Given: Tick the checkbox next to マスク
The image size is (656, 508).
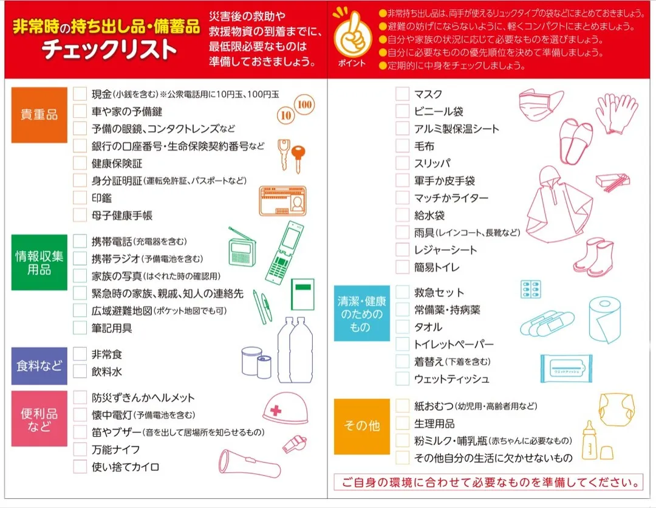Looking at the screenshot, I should (x=402, y=94).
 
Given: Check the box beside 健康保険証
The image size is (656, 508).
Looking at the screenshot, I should (x=80, y=163).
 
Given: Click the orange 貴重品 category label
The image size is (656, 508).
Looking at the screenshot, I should (x=39, y=115).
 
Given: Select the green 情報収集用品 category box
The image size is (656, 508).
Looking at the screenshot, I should (x=39, y=263).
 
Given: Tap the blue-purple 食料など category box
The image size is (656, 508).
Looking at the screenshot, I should (x=39, y=366).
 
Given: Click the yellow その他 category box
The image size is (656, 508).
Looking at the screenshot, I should (x=361, y=426).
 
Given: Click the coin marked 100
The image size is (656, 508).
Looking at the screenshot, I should (x=305, y=105).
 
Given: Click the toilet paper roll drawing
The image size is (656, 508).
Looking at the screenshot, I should (x=605, y=321).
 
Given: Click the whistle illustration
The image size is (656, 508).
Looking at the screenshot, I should (x=294, y=444).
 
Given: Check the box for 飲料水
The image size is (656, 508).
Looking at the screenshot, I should (x=80, y=371).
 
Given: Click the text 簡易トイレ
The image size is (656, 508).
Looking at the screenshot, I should (x=437, y=267).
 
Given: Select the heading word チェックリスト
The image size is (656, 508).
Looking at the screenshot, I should (x=109, y=50).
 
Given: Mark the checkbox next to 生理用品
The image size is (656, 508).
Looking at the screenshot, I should (x=402, y=424).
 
